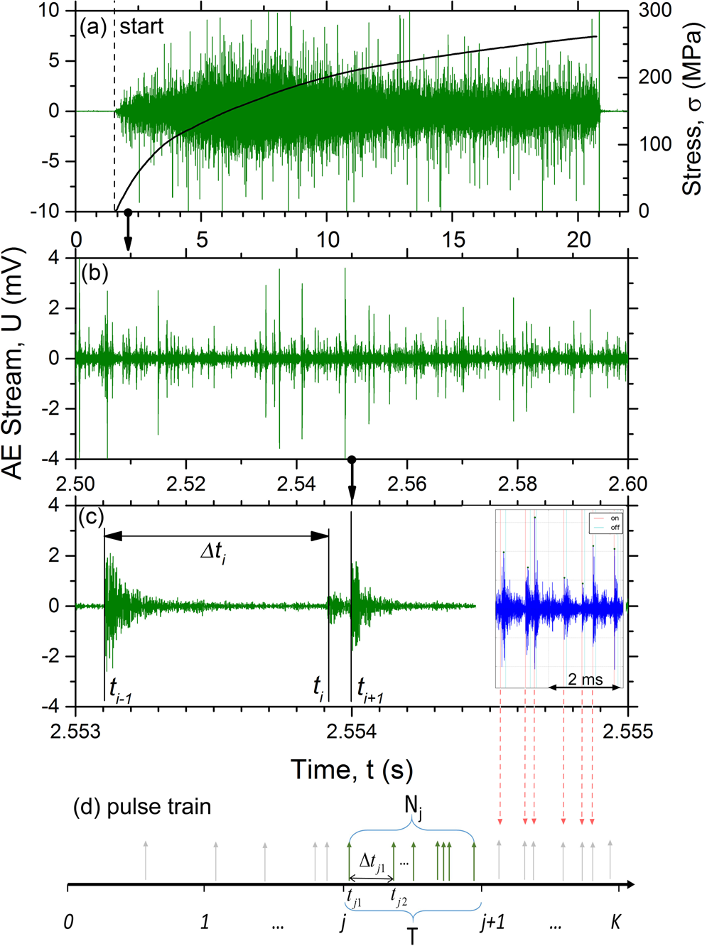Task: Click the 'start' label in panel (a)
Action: pos(141,27)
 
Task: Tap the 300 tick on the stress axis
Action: pos(654,11)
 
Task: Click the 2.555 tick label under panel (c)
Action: pos(627,732)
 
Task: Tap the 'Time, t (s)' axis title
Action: pos(351,769)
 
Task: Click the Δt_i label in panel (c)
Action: pos(212,551)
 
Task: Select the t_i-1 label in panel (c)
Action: pos(120,688)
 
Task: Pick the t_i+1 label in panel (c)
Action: pos(369,688)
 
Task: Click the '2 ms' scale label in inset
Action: pos(585,680)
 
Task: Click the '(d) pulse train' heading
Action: pos(142,808)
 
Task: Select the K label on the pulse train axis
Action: pos(616,922)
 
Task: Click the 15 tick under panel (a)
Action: pos(453,240)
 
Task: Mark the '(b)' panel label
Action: pos(95,273)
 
